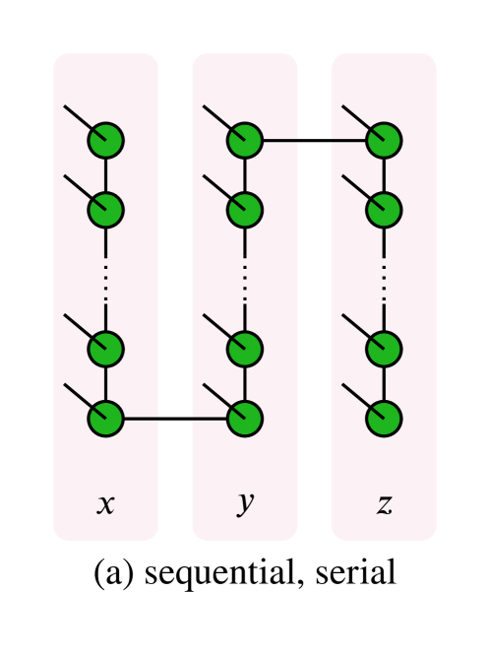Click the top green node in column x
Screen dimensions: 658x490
[105, 141]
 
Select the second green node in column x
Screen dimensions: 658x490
[105, 210]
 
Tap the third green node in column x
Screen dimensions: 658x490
[105, 349]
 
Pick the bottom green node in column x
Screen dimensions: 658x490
[105, 419]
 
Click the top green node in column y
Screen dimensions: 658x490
[245, 141]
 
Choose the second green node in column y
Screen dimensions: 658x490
[245, 210]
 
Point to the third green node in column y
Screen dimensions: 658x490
[245, 349]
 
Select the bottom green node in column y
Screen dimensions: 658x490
[245, 419]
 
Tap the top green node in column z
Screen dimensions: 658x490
[384, 141]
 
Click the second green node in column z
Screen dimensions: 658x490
[384, 210]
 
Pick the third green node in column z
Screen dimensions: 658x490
[384, 349]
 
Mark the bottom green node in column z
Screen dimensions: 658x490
[384, 419]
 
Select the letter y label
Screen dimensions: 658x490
[245, 502]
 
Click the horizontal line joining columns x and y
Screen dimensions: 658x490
[175, 419]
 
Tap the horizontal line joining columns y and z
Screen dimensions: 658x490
[315, 141]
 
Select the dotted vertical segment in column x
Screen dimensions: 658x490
[105, 280]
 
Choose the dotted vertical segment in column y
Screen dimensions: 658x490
[245, 280]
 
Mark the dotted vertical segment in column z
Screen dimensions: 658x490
[384, 280]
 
